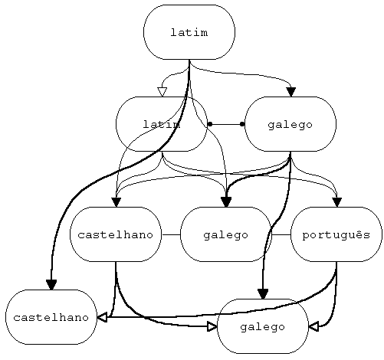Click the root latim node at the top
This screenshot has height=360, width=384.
tap(189, 32)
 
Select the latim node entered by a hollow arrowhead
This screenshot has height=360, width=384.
tap(161, 124)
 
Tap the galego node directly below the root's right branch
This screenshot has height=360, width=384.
tap(290, 124)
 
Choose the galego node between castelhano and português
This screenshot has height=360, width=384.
tap(225, 234)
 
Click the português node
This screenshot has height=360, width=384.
tap(336, 234)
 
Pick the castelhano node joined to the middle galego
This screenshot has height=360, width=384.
tap(116, 234)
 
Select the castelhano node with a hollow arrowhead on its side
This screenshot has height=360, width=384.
tap(51, 317)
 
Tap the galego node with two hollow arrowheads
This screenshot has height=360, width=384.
tap(262, 326)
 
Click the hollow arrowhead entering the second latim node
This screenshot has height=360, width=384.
tap(162, 92)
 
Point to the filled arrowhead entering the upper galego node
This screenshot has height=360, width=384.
tap(290, 92)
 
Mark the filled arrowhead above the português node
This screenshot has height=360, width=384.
tap(336, 202)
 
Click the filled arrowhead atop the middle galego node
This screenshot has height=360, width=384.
tap(226, 201)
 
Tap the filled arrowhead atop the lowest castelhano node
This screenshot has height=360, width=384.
tap(51, 285)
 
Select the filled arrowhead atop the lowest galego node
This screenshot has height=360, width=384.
tap(263, 294)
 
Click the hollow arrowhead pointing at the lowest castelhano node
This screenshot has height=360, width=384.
tap(102, 317)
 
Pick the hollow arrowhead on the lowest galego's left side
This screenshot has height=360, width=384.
tap(212, 326)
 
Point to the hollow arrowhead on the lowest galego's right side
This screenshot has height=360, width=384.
tap(313, 326)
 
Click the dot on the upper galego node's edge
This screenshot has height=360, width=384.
tap(242, 124)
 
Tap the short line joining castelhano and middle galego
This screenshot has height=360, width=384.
tap(170, 234)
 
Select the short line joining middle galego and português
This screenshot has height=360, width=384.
tap(281, 234)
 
